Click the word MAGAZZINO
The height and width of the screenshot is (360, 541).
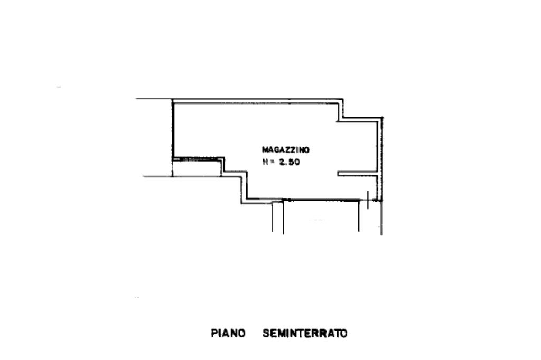(286, 150)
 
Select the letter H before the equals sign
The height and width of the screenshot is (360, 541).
(265, 162)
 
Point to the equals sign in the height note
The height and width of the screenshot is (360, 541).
(272, 162)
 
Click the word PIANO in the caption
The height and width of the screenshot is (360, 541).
(228, 334)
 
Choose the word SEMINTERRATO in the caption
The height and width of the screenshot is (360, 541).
(305, 334)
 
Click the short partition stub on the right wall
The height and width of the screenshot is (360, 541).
(357, 173)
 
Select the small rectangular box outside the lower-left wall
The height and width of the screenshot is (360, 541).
(197, 168)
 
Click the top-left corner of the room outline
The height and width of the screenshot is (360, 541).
(173, 100)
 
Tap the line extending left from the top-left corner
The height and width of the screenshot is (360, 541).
(154, 99)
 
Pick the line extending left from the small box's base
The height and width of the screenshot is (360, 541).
(157, 176)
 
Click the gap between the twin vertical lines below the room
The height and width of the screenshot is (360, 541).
(278, 217)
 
